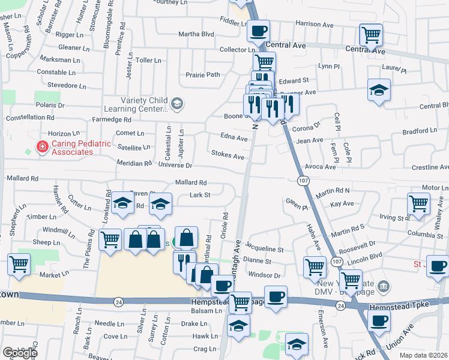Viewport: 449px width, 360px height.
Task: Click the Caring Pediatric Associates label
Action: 72,148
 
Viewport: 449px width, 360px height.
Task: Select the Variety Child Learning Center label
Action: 134,104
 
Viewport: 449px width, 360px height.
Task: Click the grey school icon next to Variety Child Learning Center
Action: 176,104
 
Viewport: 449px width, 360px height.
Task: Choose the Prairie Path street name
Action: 202,75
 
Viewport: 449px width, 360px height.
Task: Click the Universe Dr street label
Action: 175,165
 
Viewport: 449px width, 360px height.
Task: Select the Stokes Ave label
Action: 228,156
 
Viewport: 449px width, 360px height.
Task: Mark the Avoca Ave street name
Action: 320,166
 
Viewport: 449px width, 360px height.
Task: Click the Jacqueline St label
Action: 264,248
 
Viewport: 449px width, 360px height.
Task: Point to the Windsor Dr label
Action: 264,275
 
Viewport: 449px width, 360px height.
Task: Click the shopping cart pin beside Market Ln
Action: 19,263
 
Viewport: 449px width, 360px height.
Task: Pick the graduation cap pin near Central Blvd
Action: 378,90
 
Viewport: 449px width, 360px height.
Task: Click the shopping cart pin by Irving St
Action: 418,203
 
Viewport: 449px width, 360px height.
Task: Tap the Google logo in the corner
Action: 20,353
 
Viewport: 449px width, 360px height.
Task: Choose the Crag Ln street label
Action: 204,349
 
